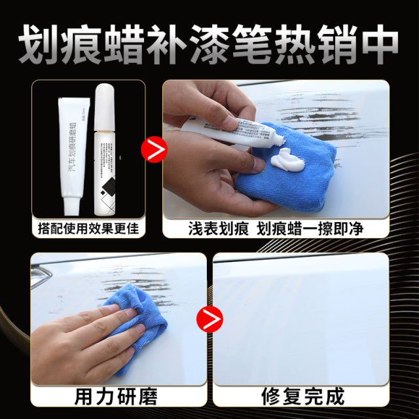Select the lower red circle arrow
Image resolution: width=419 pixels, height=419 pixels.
(x=206, y=320)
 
